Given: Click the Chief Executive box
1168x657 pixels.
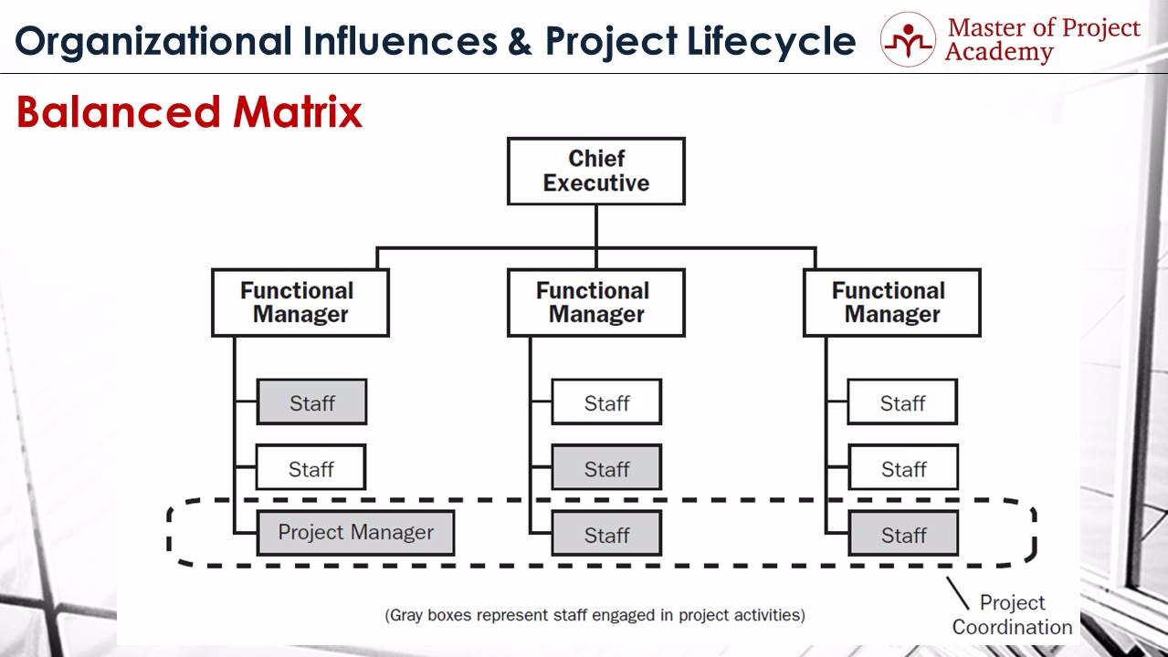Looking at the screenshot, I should pyautogui.click(x=595, y=171).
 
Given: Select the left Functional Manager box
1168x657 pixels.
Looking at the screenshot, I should pyautogui.click(x=300, y=303).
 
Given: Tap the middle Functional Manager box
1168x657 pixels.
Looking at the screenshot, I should pyautogui.click(x=595, y=303).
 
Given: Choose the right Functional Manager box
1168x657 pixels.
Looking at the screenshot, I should pyautogui.click(x=891, y=303).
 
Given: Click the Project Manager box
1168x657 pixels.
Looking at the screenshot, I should pyautogui.click(x=355, y=533).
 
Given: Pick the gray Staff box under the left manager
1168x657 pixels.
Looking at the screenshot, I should pyautogui.click(x=311, y=402).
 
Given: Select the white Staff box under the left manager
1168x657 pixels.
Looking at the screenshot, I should pyautogui.click(x=310, y=468).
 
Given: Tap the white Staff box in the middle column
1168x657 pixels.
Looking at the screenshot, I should pyautogui.click(x=606, y=402).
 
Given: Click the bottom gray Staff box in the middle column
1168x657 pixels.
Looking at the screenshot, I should pyautogui.click(x=606, y=534).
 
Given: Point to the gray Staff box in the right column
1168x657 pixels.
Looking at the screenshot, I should pyautogui.click(x=902, y=534).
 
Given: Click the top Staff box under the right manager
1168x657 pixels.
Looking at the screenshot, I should pyautogui.click(x=902, y=402).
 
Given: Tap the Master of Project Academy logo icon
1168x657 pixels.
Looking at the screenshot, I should pyautogui.click(x=907, y=39).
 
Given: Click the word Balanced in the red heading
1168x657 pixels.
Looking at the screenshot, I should pyautogui.click(x=118, y=113).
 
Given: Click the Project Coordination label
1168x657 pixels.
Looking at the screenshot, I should pyautogui.click(x=1012, y=615).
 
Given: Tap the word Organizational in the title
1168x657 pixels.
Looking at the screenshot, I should pyautogui.click(x=154, y=41).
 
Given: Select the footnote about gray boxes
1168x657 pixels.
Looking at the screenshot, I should pyautogui.click(x=595, y=615).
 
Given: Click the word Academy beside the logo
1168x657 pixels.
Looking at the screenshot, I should pyautogui.click(x=999, y=53).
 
